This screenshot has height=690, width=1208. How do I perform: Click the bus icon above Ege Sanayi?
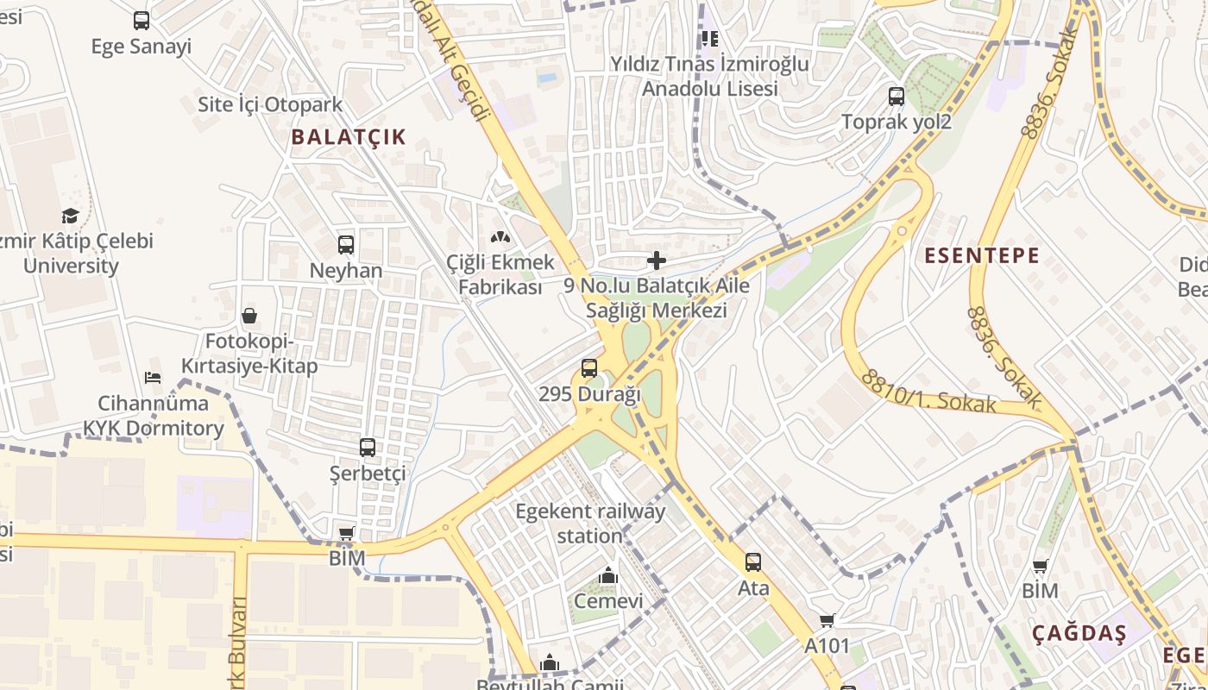[x=142, y=21]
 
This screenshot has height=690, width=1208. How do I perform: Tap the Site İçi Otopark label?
[x=270, y=105]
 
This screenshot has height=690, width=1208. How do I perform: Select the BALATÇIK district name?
[x=348, y=136]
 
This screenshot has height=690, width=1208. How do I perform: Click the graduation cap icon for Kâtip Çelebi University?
[x=71, y=216]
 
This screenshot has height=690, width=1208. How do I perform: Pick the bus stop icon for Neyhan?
[x=346, y=245]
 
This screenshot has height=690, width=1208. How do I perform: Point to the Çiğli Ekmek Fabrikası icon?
[x=500, y=236]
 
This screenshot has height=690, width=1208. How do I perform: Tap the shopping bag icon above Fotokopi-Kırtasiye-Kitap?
[x=249, y=316]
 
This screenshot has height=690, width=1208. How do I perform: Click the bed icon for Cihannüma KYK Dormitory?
[x=153, y=378]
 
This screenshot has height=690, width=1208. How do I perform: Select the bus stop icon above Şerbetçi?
[x=368, y=448]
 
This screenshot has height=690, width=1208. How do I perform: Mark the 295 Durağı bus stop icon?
[x=589, y=368]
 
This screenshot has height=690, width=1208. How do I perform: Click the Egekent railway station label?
[x=590, y=524]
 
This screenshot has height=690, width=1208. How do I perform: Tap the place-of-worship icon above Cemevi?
[x=608, y=575]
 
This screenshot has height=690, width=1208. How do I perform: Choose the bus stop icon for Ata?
[x=753, y=562]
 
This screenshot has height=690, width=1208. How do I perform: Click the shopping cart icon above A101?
[x=827, y=620]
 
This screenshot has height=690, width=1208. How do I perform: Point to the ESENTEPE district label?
[x=982, y=255]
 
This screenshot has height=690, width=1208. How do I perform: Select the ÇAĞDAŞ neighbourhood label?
[x=1079, y=634]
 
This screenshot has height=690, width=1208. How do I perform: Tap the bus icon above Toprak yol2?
[x=897, y=97]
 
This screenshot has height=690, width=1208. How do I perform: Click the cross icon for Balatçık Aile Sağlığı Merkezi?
[x=657, y=260]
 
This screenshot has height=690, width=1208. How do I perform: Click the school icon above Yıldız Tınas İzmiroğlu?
[x=710, y=38]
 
